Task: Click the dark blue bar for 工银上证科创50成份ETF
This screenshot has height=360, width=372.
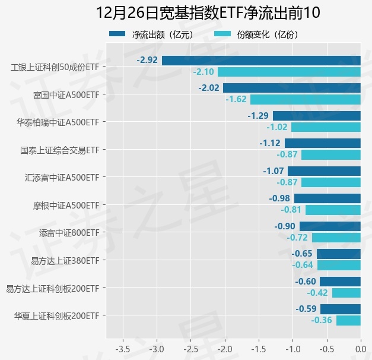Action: [261, 60]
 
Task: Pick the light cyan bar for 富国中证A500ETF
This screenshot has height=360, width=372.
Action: [306, 99]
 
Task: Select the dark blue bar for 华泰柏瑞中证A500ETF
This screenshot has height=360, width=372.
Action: [317, 116]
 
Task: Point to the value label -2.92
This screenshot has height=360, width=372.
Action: [147, 60]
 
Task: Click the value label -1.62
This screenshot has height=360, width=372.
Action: [236, 99]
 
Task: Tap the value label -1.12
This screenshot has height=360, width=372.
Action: [270, 143]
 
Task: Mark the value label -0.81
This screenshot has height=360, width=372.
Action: [291, 210]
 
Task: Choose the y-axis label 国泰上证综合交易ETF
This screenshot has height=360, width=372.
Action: [59, 150]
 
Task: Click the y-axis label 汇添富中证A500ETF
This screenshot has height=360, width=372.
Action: [62, 177]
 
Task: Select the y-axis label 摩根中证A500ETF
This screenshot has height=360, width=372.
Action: [66, 205]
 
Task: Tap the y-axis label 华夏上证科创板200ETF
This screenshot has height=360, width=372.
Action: [56, 315]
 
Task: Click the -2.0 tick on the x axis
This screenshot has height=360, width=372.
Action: [224, 348]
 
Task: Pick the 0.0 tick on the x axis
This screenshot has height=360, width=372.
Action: [360, 348]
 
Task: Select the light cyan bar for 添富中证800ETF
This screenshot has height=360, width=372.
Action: [336, 238]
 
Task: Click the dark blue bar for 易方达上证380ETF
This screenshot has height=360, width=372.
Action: [339, 254]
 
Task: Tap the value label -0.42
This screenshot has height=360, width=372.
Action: [317, 293]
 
